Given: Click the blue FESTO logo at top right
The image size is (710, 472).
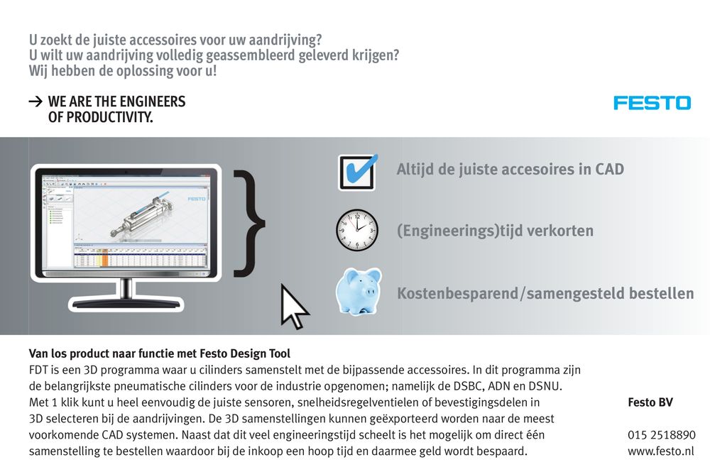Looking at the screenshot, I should (652, 103).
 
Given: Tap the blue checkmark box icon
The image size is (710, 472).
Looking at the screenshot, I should (357, 172).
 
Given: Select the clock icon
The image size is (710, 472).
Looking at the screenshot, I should (357, 230).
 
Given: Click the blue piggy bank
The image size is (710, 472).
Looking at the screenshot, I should (358, 291).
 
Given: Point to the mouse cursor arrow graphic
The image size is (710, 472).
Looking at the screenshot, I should (293, 307).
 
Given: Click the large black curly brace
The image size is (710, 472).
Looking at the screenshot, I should (249, 221).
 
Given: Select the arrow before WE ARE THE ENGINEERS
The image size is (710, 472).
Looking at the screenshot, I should (35, 102).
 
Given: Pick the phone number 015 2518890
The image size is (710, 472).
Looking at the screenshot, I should (661, 435).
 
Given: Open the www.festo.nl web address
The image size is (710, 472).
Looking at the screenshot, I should (661, 451).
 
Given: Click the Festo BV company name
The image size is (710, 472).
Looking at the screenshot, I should (650, 402).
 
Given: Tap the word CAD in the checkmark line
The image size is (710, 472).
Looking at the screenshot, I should (609, 170).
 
